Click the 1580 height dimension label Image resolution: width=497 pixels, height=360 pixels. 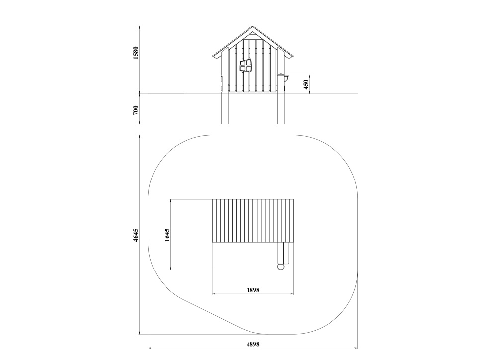136,53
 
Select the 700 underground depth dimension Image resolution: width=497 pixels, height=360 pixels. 136,110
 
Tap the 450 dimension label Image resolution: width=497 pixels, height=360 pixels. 306,84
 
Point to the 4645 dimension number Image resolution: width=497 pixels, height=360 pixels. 136,235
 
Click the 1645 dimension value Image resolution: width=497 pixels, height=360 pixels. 167,235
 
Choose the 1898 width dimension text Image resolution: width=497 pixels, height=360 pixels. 253,290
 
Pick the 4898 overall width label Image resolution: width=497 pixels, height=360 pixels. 253,344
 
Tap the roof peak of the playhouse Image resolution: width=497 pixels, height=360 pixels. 252,26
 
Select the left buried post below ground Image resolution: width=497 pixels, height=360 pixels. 225,109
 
